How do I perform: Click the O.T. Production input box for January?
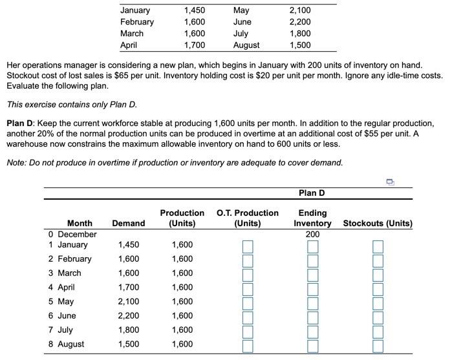[x=248, y=246]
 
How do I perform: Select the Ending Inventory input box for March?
[x=312, y=274]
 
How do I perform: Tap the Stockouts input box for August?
[x=378, y=345]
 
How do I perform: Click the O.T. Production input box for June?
[x=248, y=317]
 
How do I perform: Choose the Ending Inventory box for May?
[x=312, y=302]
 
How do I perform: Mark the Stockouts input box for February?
[x=378, y=260]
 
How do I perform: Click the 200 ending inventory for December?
[x=313, y=234]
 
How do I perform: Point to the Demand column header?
[x=128, y=224]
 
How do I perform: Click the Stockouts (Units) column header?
[x=378, y=224]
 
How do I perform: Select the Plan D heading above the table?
[x=312, y=193]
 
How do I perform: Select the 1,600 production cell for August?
[x=182, y=344]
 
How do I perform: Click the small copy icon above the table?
[x=390, y=183]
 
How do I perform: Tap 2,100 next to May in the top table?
[x=299, y=10]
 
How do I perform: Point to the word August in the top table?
[x=246, y=45]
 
